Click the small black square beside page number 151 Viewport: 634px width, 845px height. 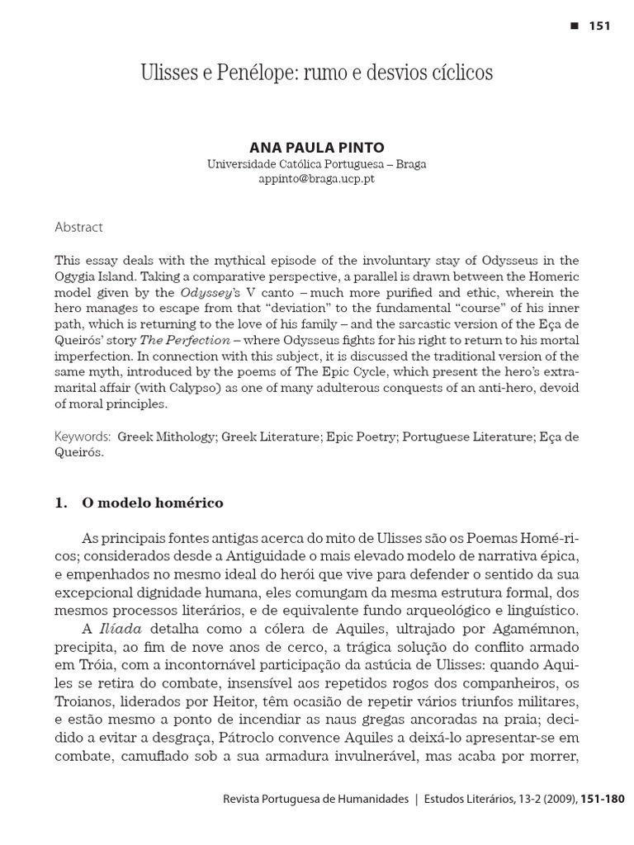pos(575,26)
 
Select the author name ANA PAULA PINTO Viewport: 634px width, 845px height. pos(316,148)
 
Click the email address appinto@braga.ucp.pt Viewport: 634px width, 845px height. pos(316,178)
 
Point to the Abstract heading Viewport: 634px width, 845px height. pos(78,227)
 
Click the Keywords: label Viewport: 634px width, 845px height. pos(83,436)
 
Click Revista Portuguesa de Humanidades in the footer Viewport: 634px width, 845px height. pos(316,799)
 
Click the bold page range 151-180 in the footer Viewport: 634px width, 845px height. pos(603,799)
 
